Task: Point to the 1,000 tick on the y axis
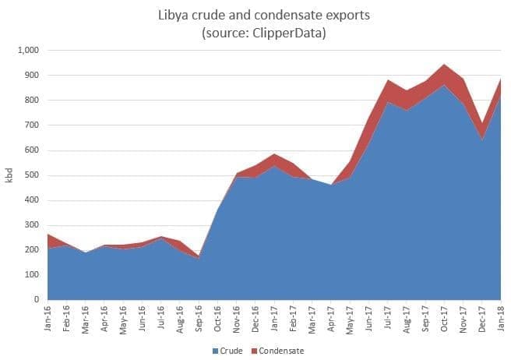[x=28, y=51]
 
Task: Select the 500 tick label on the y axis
[x=32, y=175]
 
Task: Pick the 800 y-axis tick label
[x=32, y=101]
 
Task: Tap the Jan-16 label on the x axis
[x=48, y=318]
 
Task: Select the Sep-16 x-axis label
[x=199, y=318]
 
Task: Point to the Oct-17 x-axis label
[x=445, y=318]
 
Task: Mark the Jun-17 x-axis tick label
[x=369, y=318]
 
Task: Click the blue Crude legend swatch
[x=216, y=351]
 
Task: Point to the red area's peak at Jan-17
[x=274, y=155]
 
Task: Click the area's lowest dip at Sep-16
[x=199, y=256]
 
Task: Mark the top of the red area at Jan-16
[x=48, y=235]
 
